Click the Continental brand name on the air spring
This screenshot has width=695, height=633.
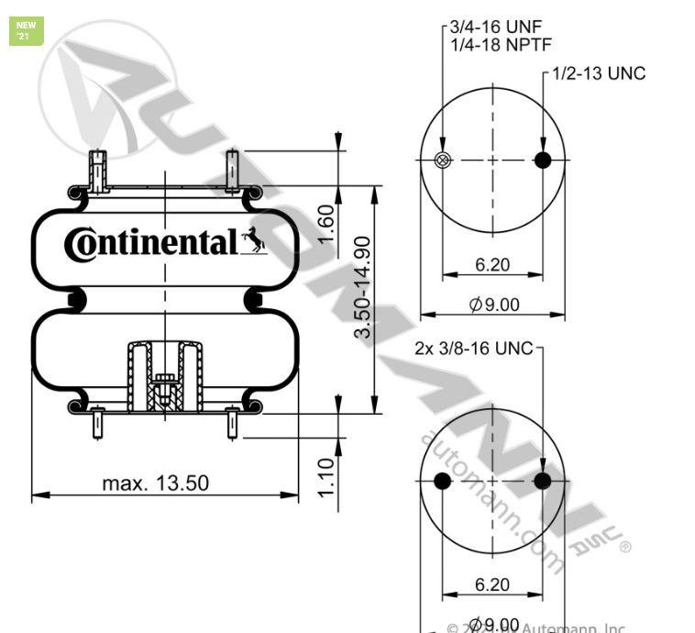[150, 243]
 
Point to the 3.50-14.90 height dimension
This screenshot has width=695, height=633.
[364, 287]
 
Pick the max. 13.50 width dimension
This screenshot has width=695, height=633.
[155, 483]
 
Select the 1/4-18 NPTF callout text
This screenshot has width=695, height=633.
[502, 44]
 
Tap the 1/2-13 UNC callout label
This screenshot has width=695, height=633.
[599, 73]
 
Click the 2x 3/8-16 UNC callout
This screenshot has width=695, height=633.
[473, 349]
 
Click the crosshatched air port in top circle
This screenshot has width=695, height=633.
[443, 161]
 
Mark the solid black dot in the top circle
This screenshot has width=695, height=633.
[544, 161]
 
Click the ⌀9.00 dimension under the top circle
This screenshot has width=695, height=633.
[494, 304]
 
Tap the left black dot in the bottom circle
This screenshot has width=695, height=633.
[442, 483]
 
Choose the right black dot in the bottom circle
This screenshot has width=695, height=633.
[543, 483]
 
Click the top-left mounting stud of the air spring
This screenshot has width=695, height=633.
[96, 170]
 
